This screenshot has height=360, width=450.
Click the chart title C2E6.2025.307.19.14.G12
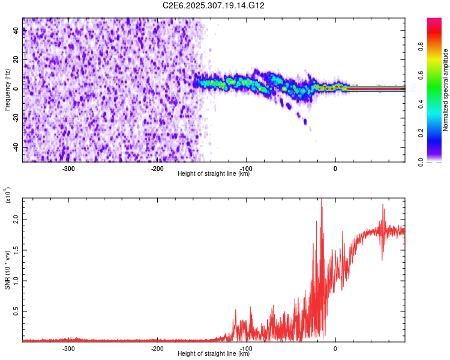tap(214, 5)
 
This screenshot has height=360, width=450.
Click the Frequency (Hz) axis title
tap(7, 90)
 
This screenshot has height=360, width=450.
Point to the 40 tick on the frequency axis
tap(16, 31)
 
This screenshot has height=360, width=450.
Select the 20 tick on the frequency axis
tap(16, 60)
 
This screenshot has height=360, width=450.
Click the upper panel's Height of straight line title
tap(214, 174)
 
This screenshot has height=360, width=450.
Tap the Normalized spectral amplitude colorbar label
tap(446, 90)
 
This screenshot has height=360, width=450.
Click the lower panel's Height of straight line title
tap(214, 354)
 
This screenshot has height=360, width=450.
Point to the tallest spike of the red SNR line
tap(321, 200)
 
